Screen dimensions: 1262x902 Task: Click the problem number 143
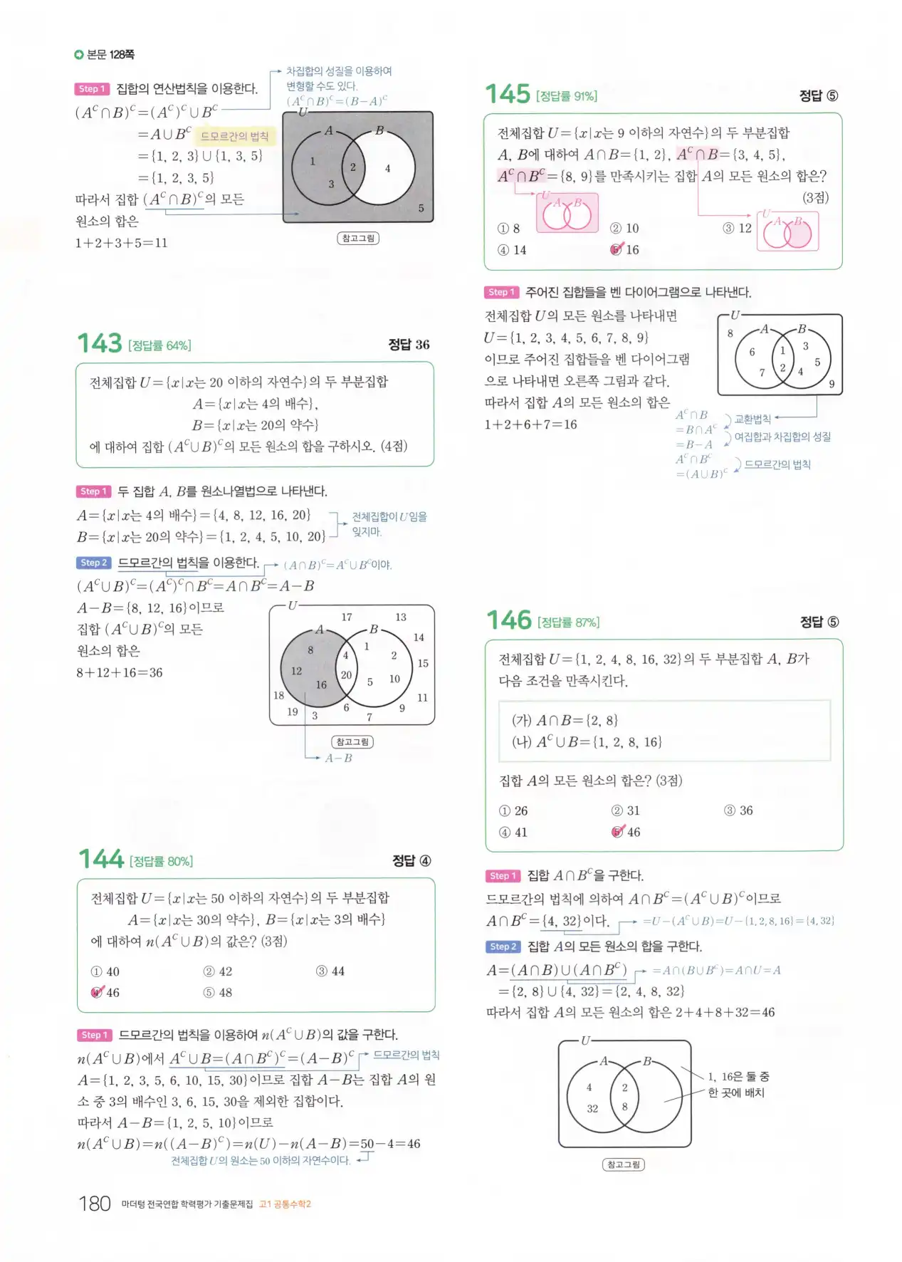(100, 343)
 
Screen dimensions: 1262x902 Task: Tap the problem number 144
(101, 859)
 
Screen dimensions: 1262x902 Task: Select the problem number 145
(508, 94)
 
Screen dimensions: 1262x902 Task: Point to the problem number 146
(509, 620)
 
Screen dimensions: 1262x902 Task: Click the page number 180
(95, 1204)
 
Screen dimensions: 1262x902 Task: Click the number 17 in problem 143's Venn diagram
(347, 617)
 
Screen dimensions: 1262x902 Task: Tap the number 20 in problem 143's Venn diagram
(346, 674)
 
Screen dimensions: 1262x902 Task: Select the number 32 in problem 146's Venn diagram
(592, 1108)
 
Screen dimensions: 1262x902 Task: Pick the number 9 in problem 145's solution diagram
(832, 384)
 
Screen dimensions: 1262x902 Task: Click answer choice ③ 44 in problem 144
(330, 971)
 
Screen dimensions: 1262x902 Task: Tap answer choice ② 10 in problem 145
(625, 228)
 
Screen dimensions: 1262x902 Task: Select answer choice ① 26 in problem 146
(514, 810)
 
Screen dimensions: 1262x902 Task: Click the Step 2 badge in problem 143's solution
(93, 563)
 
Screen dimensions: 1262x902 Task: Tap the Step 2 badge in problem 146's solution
(503, 946)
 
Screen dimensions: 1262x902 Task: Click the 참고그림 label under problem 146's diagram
(624, 1164)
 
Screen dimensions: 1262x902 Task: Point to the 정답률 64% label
(160, 345)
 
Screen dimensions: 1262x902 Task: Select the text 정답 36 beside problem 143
(409, 345)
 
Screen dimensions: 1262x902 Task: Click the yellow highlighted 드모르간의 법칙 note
(234, 136)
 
